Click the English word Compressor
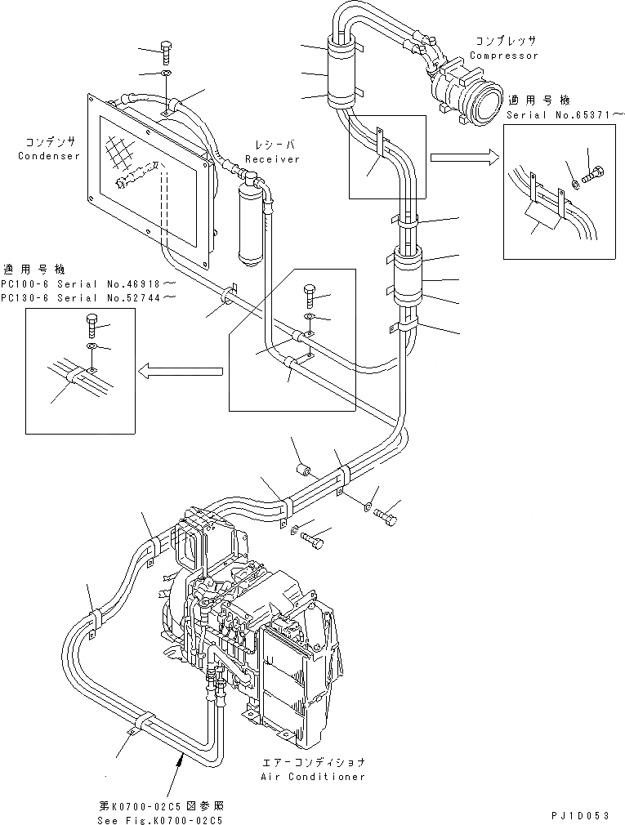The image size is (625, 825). tap(503, 56)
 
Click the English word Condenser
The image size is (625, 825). tap(49, 156)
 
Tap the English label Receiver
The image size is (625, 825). tap(272, 159)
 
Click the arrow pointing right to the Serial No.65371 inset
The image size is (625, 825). tap(462, 156)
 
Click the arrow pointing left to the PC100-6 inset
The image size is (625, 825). tap(180, 372)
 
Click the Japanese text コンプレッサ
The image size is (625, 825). tap(503, 41)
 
